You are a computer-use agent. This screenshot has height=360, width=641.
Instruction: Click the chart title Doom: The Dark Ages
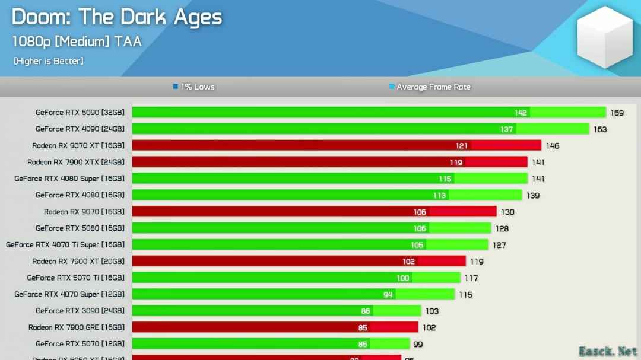[117, 17]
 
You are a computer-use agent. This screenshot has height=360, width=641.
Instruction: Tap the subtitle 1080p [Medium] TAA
[77, 41]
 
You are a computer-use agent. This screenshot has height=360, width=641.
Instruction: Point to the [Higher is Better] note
[49, 60]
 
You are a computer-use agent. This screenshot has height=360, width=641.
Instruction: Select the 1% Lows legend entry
[193, 87]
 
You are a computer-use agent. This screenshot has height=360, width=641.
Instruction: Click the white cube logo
[605, 37]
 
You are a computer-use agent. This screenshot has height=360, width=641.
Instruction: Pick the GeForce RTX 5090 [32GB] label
[80, 112]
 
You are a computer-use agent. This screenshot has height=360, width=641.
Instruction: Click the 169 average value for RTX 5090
[617, 113]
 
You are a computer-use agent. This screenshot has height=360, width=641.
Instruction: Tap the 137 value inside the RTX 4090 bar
[506, 129]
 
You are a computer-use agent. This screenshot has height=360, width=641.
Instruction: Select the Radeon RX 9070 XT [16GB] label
[78, 145]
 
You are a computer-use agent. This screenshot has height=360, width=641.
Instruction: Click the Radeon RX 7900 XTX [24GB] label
[76, 162]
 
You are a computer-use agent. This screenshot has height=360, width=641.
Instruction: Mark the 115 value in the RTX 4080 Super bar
[445, 179]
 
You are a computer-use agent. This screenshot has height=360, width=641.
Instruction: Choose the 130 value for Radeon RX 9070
[507, 212]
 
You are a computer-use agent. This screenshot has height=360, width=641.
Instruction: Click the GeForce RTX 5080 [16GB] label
[80, 228]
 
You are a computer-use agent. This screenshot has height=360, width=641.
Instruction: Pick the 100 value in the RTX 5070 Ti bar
[403, 278]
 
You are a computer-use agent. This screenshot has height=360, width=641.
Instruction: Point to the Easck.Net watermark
[608, 351]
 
